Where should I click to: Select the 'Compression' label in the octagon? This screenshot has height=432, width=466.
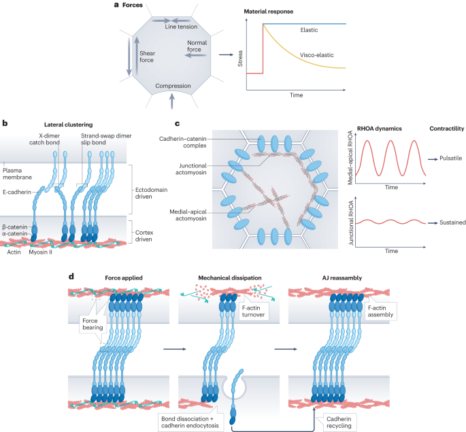pyautogui.click(x=172, y=86)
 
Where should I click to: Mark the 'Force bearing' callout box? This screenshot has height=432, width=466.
pyautogui.click(x=93, y=322)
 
